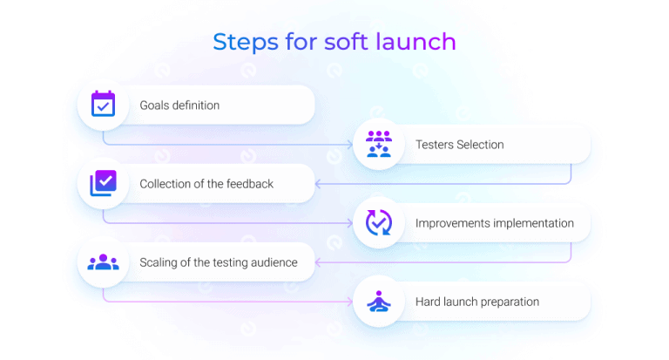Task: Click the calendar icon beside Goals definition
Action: [x=103, y=105]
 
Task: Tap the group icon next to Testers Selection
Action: [x=378, y=145]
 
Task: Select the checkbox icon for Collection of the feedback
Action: [x=103, y=183]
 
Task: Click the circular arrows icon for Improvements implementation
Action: [x=378, y=223]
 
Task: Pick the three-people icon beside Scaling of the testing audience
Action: [x=103, y=262]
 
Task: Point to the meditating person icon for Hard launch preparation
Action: [x=378, y=302]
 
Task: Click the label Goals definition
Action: [x=179, y=105]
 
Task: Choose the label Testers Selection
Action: [x=459, y=145]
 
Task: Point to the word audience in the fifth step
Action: [x=269, y=262]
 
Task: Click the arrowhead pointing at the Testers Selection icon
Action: [x=348, y=145]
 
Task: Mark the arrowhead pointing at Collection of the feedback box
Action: [x=319, y=184]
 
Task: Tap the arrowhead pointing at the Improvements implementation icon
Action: [x=348, y=223]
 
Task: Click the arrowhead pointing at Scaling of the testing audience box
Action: [x=319, y=262]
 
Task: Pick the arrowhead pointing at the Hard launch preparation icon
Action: [x=348, y=302]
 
